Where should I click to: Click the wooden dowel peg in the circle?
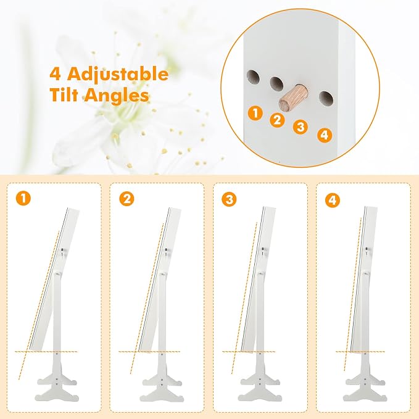[293, 97]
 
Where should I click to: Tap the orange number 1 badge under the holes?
[255, 113]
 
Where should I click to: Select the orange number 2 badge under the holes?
[277, 120]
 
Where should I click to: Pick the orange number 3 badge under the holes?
[301, 127]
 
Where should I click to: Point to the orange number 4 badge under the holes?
[325, 135]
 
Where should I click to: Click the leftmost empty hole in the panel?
[254, 78]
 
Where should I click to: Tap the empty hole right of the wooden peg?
[326, 99]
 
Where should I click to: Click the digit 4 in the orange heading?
[56, 73]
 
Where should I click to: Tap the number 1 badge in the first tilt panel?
[23, 198]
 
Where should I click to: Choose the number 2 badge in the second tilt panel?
[127, 199]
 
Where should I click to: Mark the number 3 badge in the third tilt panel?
[230, 199]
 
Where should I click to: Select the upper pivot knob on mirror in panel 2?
[167, 251]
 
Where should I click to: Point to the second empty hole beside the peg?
[276, 83]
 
